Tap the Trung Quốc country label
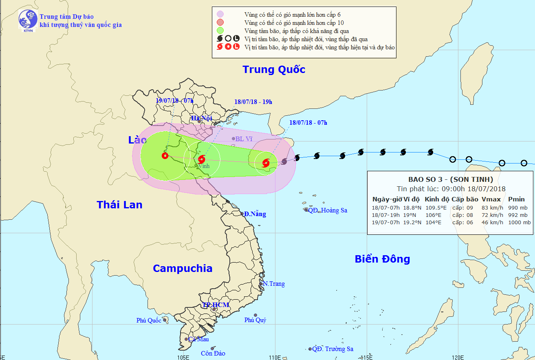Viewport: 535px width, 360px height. (274, 69)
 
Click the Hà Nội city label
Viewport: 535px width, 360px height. (202, 118)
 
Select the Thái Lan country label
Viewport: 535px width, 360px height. (119, 205)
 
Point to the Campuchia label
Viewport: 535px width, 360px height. (183, 268)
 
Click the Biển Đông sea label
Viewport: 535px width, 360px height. (382, 259)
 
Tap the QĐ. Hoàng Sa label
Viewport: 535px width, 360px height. (327, 210)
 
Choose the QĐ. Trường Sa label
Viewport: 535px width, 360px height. (332, 349)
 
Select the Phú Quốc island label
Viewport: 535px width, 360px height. (149, 320)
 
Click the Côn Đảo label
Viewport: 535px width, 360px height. (213, 353)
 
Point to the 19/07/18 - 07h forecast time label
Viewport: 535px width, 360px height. (174, 100)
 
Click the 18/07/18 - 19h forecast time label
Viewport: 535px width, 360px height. (253, 102)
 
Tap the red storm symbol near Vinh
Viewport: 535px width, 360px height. (201, 159)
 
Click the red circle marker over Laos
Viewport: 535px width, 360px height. (165, 155)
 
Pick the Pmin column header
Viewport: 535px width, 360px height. (516, 199)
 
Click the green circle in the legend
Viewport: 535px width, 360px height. (220, 31)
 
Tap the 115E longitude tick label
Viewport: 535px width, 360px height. (367, 357)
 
